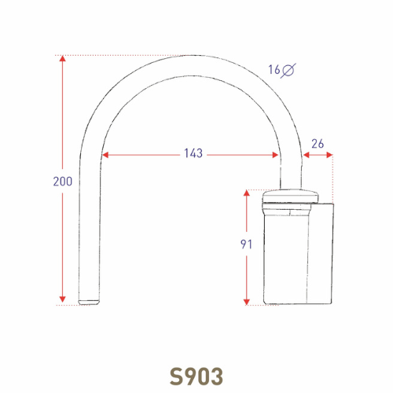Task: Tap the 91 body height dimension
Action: click(245, 244)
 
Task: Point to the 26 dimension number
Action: click(318, 143)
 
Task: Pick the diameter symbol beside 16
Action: click(288, 70)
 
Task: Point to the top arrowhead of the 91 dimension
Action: click(246, 193)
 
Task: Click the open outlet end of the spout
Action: click(89, 301)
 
